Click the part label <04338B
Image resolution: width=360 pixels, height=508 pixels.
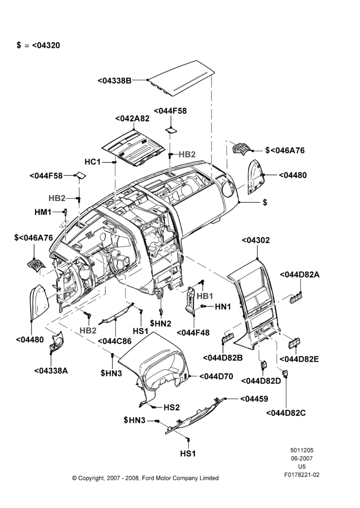(114, 80)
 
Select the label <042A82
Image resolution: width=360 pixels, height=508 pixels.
(132, 118)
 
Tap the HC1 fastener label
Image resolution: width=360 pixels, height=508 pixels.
(93, 162)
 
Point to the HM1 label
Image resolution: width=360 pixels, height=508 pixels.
(43, 212)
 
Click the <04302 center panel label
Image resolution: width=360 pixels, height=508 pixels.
(256, 240)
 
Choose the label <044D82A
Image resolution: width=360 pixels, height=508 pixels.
(299, 275)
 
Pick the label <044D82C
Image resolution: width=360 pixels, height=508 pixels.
(286, 413)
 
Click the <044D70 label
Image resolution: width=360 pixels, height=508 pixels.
(216, 376)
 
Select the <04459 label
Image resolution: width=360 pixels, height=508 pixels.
(254, 399)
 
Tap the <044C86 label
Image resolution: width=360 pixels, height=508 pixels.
(114, 341)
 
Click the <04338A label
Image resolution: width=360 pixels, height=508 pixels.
(51, 371)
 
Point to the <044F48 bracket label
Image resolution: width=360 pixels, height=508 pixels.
(193, 333)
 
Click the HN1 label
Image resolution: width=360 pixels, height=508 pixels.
(223, 306)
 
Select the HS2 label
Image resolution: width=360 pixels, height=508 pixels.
(171, 407)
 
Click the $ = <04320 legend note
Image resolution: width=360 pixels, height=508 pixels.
(38, 45)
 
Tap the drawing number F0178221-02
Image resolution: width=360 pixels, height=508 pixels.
(302, 475)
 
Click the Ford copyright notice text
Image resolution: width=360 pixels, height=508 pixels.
(145, 478)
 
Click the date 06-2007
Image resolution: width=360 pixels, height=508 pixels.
(302, 458)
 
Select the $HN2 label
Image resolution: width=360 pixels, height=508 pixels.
(161, 323)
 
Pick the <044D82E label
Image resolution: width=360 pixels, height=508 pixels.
(299, 359)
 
